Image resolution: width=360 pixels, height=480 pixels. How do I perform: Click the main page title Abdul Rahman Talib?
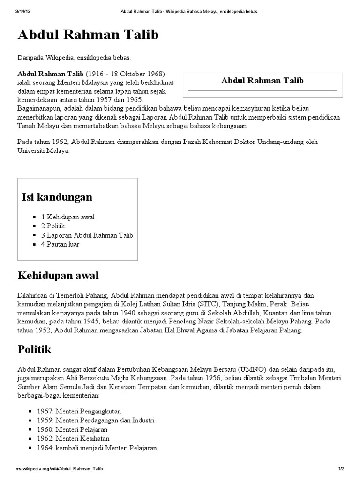[88, 35]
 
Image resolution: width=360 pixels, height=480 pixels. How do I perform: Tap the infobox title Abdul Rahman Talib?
[262, 81]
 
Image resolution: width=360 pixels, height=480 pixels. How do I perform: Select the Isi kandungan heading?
[57, 197]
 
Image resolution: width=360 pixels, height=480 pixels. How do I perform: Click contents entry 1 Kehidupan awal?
[67, 217]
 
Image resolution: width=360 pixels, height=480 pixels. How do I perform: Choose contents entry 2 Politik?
[53, 226]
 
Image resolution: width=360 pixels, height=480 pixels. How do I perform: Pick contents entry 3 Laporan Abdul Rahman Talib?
[87, 235]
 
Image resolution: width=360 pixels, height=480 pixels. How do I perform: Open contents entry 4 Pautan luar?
[60, 244]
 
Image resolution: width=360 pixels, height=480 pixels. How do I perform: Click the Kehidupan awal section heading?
[58, 275]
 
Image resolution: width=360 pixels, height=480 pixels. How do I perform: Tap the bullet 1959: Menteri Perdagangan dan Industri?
[96, 420]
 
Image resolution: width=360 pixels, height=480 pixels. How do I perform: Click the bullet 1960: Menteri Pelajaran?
[72, 429]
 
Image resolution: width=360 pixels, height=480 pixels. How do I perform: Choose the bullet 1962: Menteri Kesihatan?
[73, 439]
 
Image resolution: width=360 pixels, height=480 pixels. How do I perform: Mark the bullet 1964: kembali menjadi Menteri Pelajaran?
[97, 448]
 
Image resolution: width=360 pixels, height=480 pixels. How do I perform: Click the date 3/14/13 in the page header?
[22, 11]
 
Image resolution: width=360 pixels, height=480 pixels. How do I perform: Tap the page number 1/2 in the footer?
[341, 469]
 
